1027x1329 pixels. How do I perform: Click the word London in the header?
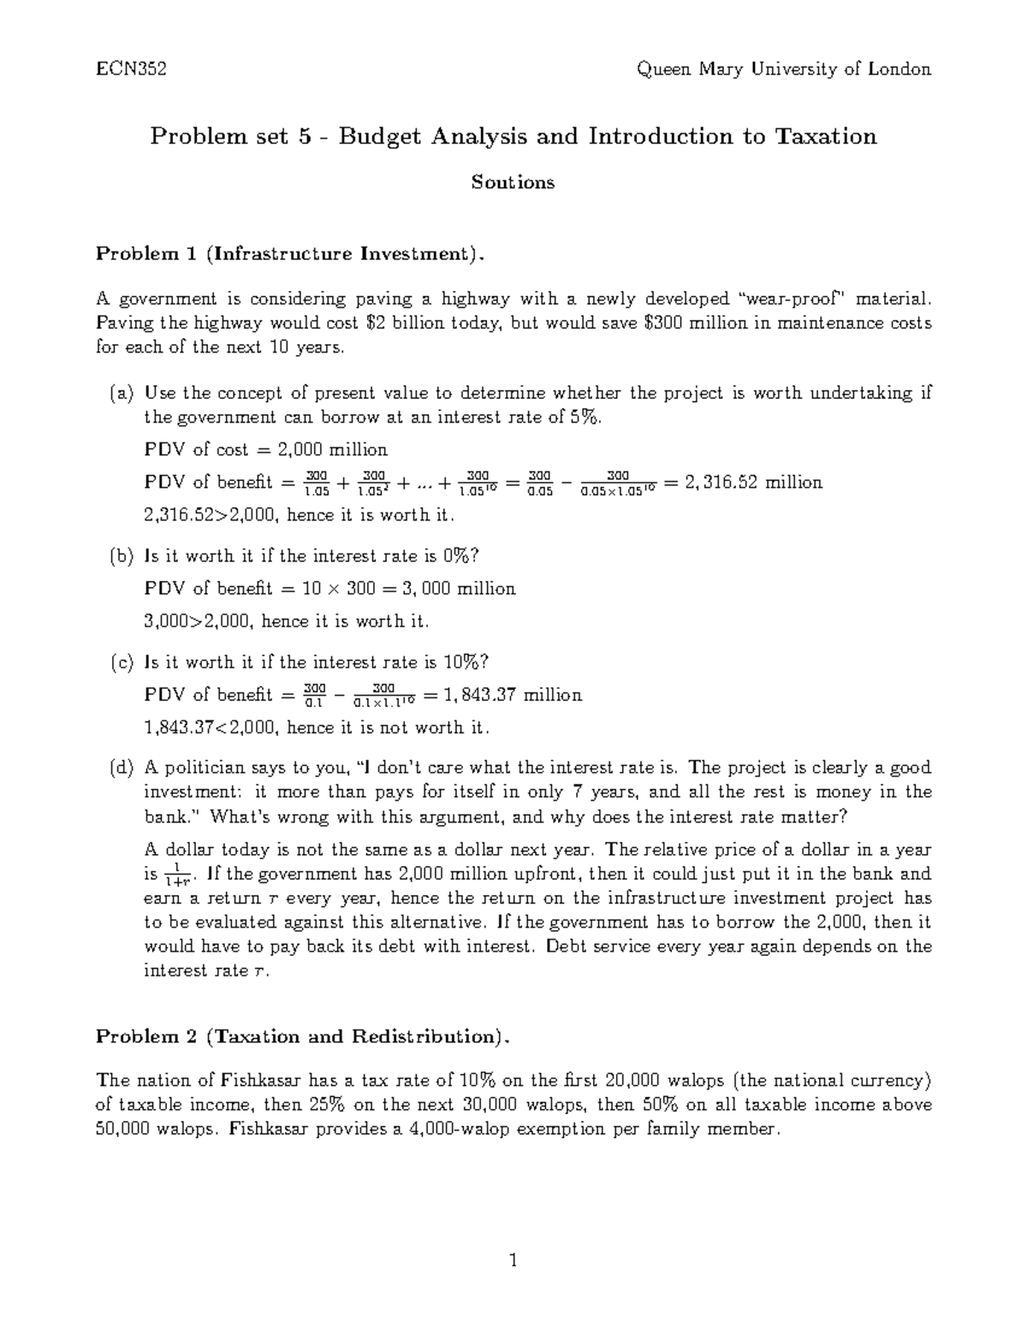tap(899, 69)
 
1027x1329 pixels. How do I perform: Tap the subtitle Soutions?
tap(513, 182)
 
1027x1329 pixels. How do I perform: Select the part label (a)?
tap(122, 394)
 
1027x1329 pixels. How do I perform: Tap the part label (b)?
tap(122, 556)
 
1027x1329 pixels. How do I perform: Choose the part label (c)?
tap(122, 662)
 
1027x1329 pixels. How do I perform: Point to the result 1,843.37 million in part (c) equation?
tap(511, 695)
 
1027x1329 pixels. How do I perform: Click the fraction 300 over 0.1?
tap(315, 695)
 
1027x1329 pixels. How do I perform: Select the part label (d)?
tap(122, 768)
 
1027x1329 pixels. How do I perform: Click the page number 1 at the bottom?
tap(513, 1261)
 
